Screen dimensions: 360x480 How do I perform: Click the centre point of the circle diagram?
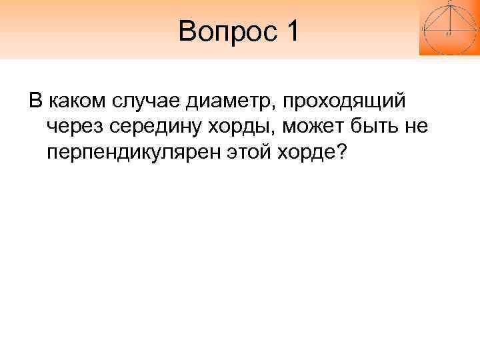point(449,31)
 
